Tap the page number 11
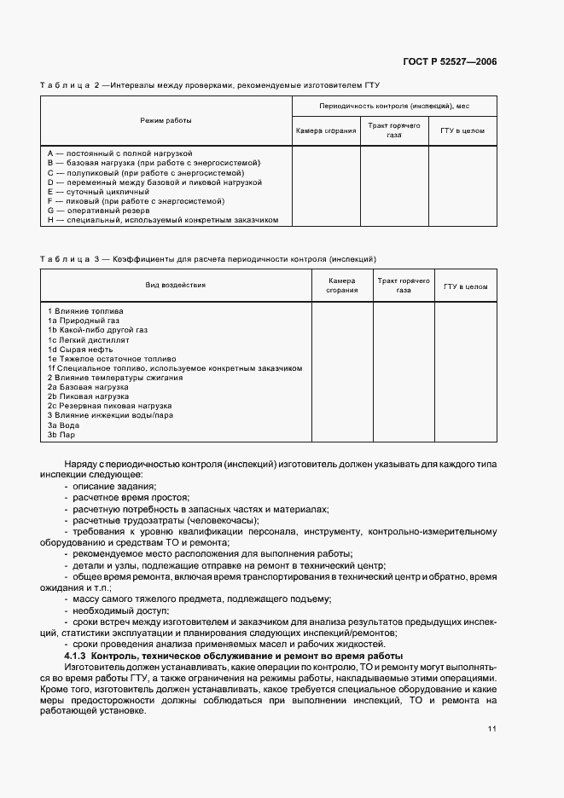tap(492, 728)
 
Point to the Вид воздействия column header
tap(175, 285)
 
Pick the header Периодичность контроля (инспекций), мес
tap(393, 106)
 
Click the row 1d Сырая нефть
tap(79, 350)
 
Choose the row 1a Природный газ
tap(83, 321)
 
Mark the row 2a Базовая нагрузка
tap(88, 387)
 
